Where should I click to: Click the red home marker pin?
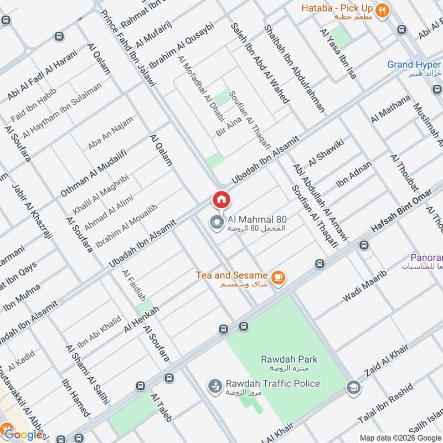pos(221,199)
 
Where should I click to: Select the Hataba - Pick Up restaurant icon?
pos(382,10)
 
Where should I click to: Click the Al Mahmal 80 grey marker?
pos(216,223)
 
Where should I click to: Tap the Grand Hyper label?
pos(414,65)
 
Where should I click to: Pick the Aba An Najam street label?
pos(111,133)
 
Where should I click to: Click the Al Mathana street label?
pos(391,109)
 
